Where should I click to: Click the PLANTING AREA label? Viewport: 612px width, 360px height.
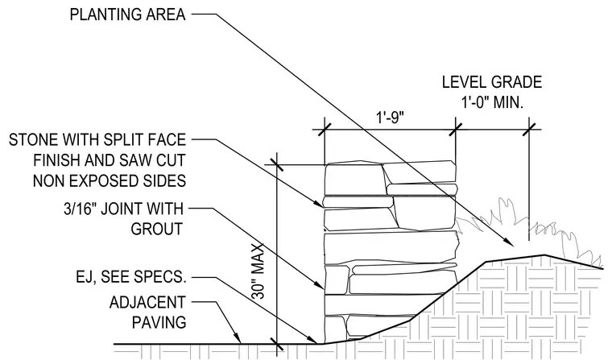(x=127, y=14)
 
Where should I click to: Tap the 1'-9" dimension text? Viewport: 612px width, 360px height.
(x=390, y=118)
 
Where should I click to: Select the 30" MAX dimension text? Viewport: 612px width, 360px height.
(x=258, y=271)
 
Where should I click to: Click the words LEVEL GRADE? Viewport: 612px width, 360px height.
(x=492, y=82)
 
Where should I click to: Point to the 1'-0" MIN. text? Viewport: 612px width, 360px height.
(x=492, y=103)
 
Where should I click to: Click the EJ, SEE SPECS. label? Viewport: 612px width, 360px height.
(x=130, y=277)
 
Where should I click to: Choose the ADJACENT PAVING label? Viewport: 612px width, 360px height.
(x=147, y=312)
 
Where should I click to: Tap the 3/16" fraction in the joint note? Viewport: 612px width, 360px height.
(x=81, y=209)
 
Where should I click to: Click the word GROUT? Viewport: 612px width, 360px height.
(x=157, y=229)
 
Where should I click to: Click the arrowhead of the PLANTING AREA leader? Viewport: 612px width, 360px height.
(x=510, y=242)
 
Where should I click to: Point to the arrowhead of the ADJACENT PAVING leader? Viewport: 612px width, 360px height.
(x=237, y=338)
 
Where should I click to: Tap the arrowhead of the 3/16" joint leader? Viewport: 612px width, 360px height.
(x=319, y=284)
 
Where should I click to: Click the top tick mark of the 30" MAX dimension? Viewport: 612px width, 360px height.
(x=276, y=164)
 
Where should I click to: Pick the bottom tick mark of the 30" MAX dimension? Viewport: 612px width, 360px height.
(x=276, y=344)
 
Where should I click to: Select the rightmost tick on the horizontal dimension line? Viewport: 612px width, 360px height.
(x=529, y=129)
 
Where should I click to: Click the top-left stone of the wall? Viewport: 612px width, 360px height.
(x=354, y=180)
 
